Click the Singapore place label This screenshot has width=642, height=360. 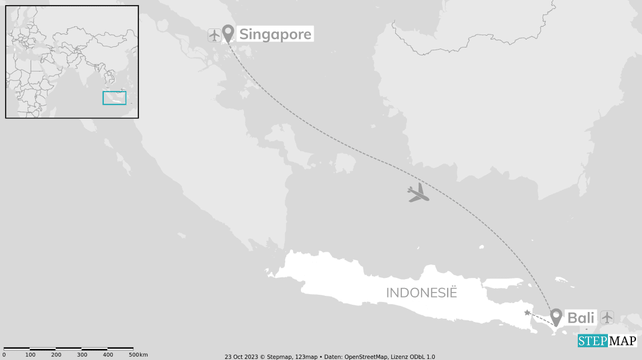[275, 35]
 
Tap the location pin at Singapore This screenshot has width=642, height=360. [228, 33]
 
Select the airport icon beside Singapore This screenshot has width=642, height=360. [214, 35]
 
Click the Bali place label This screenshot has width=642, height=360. [581, 318]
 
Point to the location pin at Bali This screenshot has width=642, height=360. [556, 316]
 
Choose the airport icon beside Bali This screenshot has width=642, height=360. [607, 318]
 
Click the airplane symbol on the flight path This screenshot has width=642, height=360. [418, 193]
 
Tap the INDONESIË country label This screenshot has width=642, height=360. [421, 292]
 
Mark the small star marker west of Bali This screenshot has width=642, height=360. [527, 313]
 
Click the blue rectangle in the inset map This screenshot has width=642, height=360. [114, 98]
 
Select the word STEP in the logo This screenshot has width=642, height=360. [592, 341]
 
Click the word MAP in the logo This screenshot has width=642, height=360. [622, 341]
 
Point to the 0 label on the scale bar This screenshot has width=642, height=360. [4, 355]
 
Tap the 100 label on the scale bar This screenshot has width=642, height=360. [30, 355]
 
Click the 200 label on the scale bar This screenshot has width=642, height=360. [56, 355]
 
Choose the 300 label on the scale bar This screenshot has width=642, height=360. [82, 355]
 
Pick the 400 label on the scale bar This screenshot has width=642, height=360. [108, 355]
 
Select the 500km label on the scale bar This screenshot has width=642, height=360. [138, 355]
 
